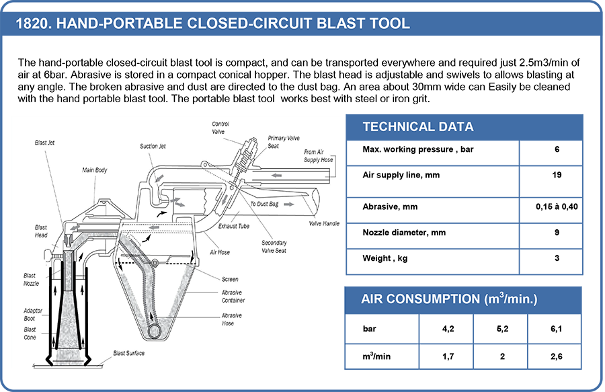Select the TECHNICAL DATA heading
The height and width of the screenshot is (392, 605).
(x=417, y=127)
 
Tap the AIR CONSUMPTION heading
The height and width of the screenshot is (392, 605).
(x=449, y=299)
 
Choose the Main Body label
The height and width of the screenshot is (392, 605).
(x=95, y=171)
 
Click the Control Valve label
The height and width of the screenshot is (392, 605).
(x=220, y=128)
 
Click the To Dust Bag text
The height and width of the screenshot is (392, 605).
(x=264, y=203)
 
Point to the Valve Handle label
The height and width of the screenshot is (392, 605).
(x=324, y=223)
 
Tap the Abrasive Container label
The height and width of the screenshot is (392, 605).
(x=233, y=296)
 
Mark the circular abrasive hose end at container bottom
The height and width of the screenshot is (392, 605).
(x=154, y=331)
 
